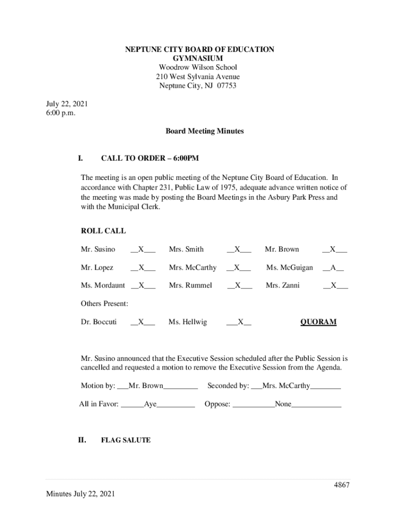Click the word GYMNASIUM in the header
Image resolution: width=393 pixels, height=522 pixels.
tap(200, 59)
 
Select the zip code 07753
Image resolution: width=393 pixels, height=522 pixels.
tap(227, 86)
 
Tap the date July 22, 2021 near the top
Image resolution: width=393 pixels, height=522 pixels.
tap(67, 103)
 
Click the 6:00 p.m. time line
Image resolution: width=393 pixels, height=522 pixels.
tap(61, 113)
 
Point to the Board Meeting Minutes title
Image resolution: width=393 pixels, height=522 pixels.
tap(204, 131)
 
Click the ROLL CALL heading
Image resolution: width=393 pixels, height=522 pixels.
tap(103, 231)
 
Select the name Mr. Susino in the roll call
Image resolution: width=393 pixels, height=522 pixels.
tap(98, 249)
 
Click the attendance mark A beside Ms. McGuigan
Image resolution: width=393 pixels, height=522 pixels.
tap(333, 267)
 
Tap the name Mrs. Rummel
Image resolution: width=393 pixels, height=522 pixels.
tap(190, 285)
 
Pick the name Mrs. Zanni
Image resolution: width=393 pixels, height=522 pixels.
tap(283, 285)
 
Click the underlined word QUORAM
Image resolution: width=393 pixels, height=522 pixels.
tap(318, 322)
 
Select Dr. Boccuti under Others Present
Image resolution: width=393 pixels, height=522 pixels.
tap(99, 322)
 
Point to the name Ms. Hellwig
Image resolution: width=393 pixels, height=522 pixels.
tap(188, 322)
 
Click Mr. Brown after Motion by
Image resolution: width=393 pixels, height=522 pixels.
tap(146, 386)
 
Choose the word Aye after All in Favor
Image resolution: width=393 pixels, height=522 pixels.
tap(150, 404)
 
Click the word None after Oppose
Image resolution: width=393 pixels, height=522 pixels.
tap(283, 404)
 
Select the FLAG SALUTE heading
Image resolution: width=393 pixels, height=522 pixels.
tap(126, 440)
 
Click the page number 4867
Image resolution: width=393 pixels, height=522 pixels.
tap(341, 485)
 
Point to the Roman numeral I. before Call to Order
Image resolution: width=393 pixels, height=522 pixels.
tap(81, 159)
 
